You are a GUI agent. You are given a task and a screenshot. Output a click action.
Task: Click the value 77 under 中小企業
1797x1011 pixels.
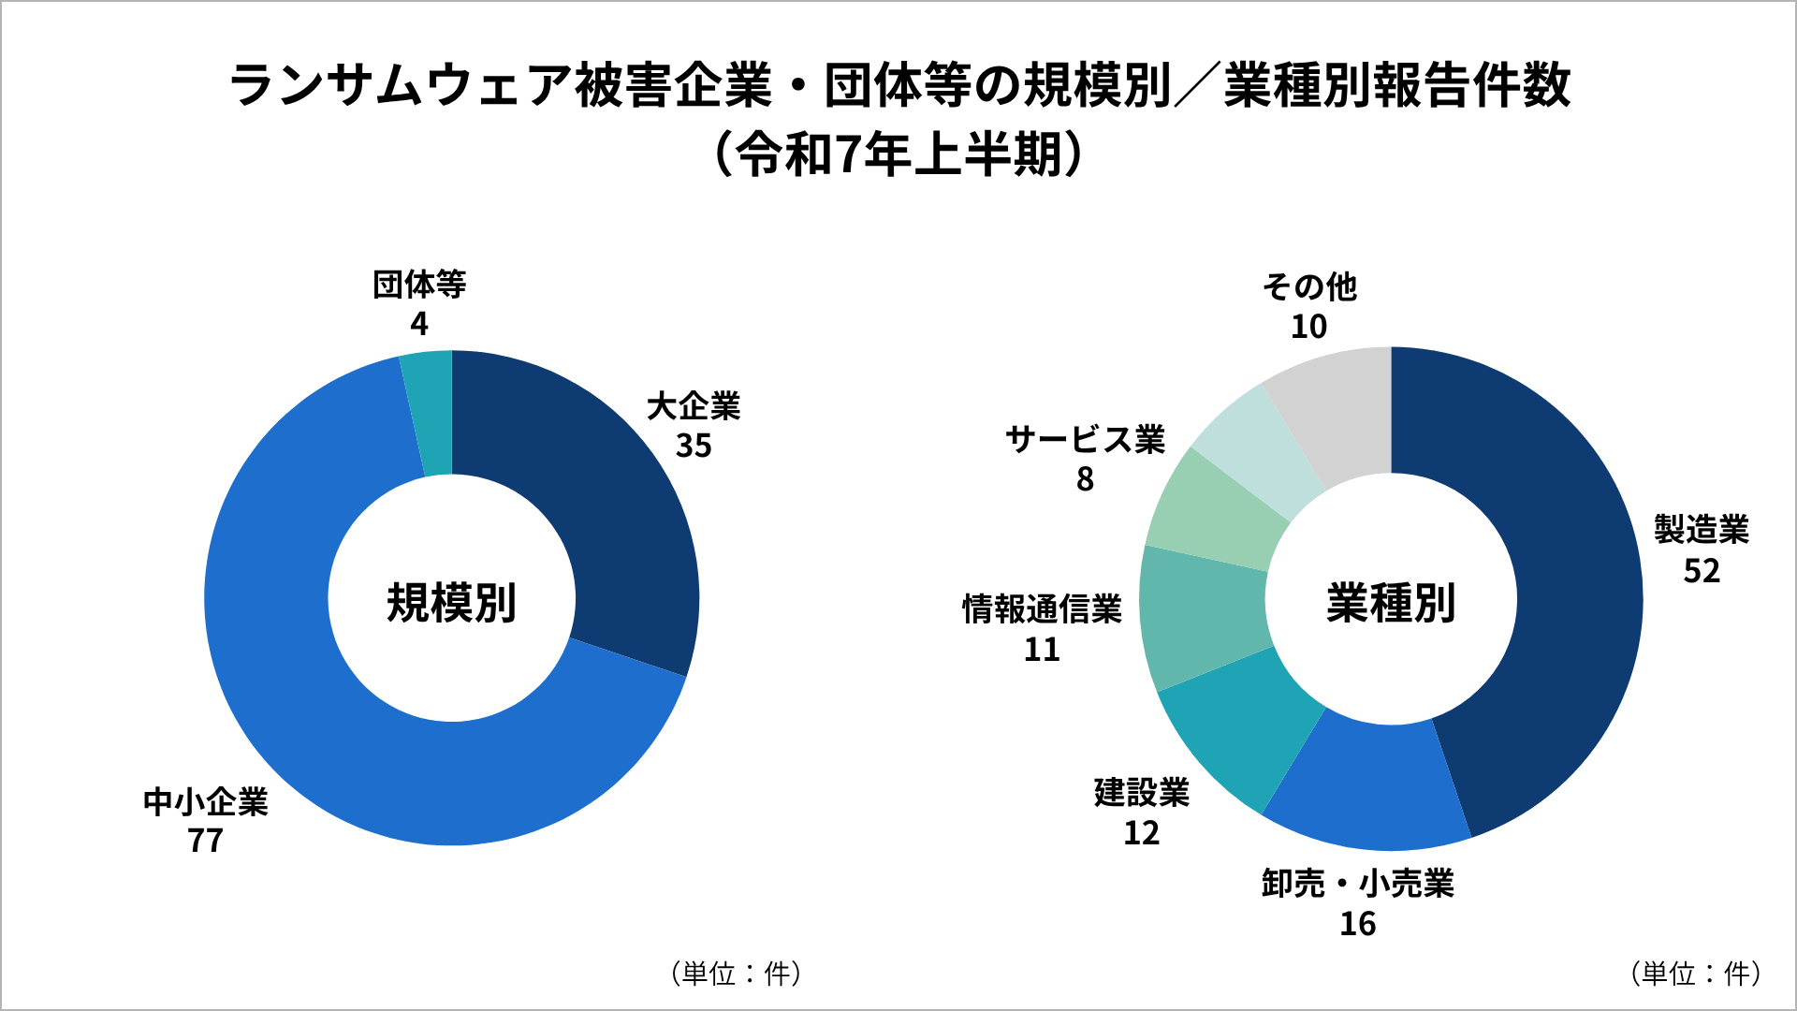[205, 842]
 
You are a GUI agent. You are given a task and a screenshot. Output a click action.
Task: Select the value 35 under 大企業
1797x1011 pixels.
[694, 447]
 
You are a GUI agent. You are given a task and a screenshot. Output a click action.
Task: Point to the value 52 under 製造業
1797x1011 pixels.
[1702, 571]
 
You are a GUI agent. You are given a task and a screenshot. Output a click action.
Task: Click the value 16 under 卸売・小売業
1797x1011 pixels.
[1357, 925]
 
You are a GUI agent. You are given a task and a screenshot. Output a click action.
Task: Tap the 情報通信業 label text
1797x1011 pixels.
[1042, 609]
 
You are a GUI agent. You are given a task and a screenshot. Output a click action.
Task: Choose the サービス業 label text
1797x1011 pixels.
[1085, 439]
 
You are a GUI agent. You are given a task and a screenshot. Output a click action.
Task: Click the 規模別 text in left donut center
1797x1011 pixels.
[451, 603]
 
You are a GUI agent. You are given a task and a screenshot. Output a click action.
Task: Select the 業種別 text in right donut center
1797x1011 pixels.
[1391, 603]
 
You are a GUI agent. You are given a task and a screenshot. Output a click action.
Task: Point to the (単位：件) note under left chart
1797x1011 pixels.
[736, 974]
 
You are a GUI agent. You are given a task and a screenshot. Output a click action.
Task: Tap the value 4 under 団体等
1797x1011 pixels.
[418, 324]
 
